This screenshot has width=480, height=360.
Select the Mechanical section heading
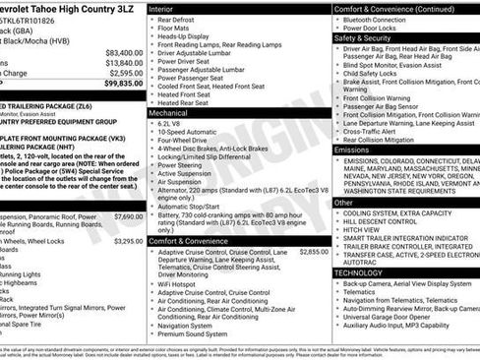coord(175,114)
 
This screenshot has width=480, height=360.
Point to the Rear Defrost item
coord(184,19)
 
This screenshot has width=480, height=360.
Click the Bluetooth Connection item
coord(390,19)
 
